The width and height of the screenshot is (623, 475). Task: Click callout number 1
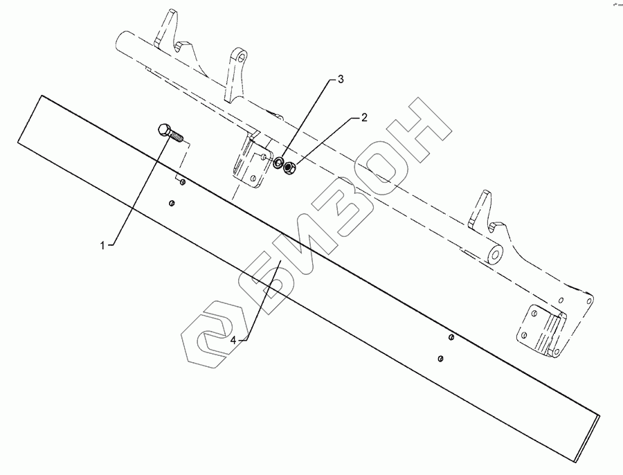click(103, 245)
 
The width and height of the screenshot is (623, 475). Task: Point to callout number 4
click(235, 341)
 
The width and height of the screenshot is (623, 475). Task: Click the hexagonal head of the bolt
click(164, 130)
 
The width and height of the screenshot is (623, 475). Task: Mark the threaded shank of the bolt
click(178, 136)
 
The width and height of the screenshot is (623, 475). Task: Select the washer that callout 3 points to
click(278, 164)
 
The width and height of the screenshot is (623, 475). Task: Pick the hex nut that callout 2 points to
click(291, 167)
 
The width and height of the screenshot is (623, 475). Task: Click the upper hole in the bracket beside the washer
click(264, 157)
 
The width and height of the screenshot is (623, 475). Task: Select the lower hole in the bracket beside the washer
click(254, 178)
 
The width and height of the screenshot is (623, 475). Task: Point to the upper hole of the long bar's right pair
click(451, 337)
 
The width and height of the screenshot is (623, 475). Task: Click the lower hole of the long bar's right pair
click(441, 358)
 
